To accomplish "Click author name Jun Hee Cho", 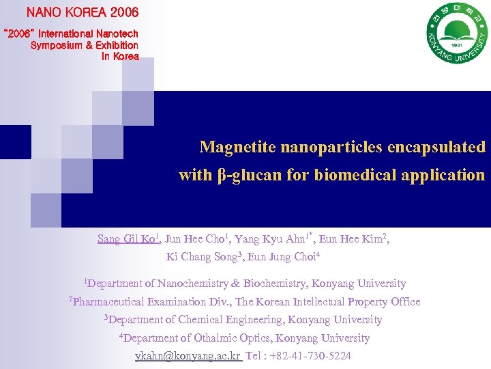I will [x=194, y=239].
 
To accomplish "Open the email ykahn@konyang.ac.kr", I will [x=188, y=357].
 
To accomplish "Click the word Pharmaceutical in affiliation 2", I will [x=108, y=302].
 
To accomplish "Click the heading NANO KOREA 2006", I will [x=82, y=12].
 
